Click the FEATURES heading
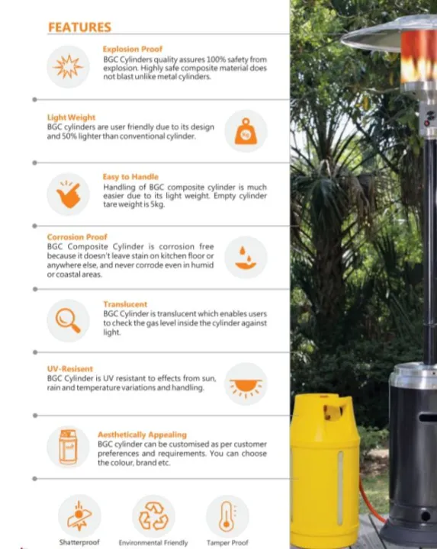(79, 27)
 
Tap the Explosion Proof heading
(133, 50)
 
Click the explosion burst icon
(68, 67)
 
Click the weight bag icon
(246, 131)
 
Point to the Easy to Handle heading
(130, 177)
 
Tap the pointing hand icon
(68, 194)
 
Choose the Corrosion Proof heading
(77, 237)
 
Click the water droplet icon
(246, 258)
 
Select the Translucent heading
(127, 304)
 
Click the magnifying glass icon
(68, 320)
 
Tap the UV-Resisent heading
(70, 369)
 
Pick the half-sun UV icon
(246, 384)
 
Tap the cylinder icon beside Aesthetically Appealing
(68, 447)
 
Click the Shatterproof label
(79, 543)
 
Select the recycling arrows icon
(153, 516)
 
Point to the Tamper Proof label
(227, 543)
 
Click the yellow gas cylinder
(325, 469)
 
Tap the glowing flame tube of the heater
(419, 57)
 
